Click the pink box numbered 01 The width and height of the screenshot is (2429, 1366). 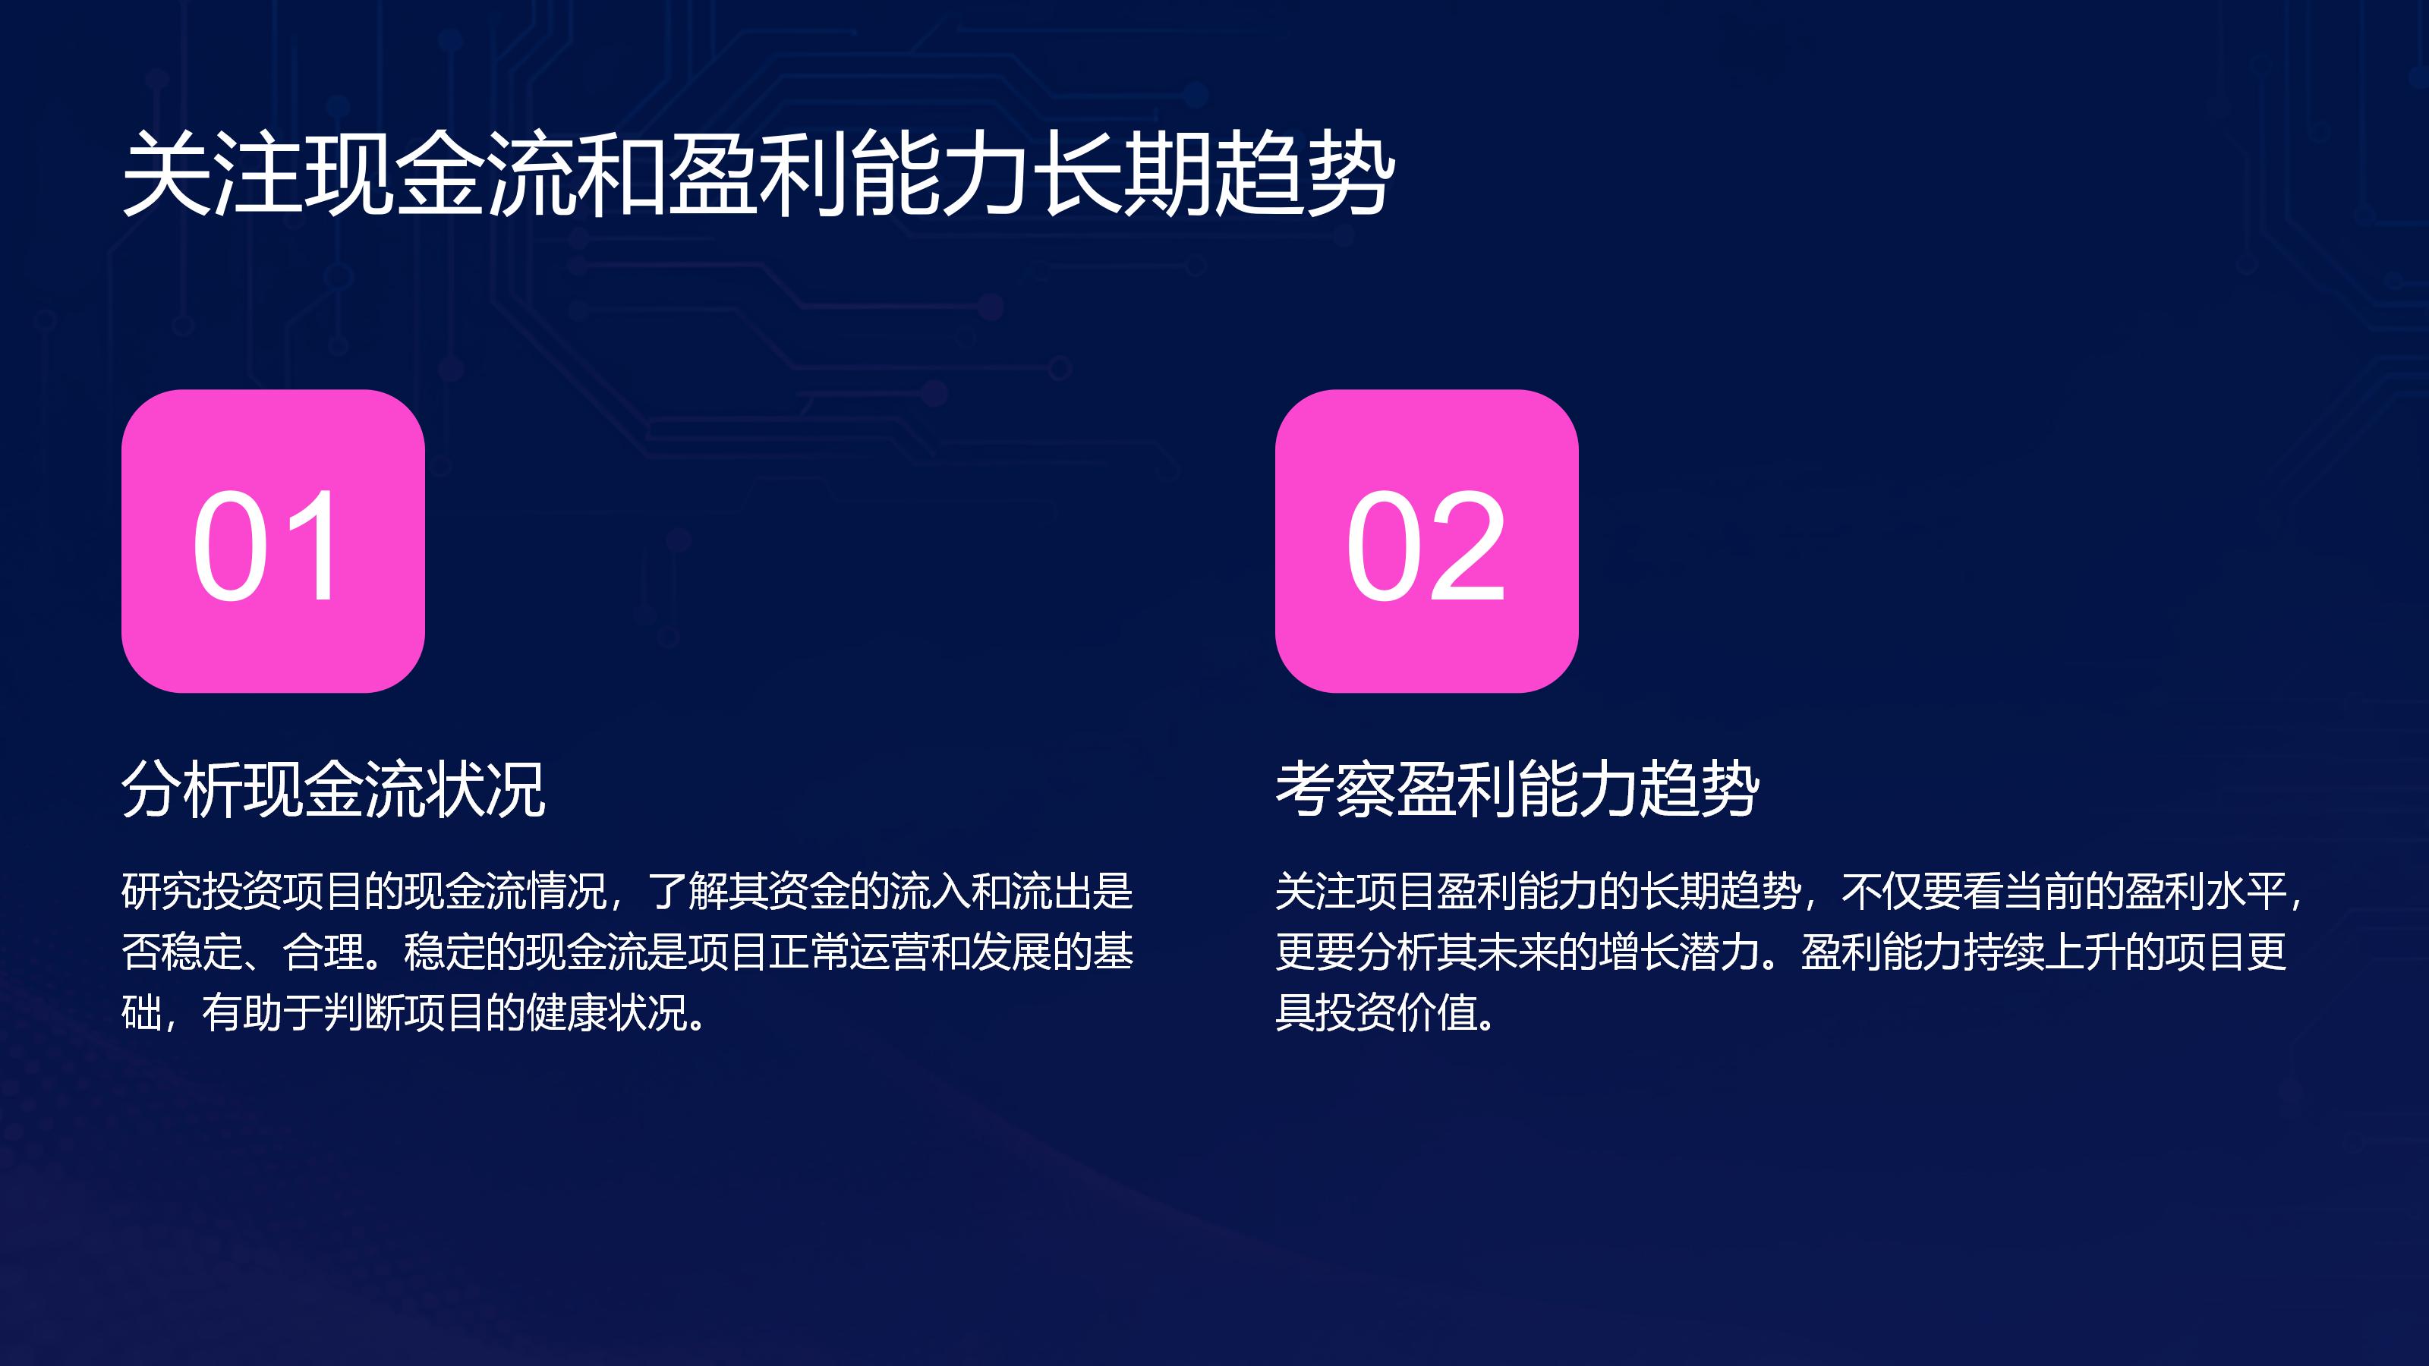coord(273,541)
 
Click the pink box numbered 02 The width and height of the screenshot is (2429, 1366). coord(1427,541)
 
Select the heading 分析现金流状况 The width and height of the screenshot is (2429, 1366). coord(334,788)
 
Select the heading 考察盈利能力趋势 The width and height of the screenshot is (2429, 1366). coord(1517,788)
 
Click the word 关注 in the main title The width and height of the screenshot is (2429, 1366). coord(213,174)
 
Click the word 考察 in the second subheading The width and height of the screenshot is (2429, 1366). coord(1336,788)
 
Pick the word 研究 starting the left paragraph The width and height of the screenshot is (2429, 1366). coord(162,891)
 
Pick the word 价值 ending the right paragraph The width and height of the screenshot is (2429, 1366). coord(1437,1012)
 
